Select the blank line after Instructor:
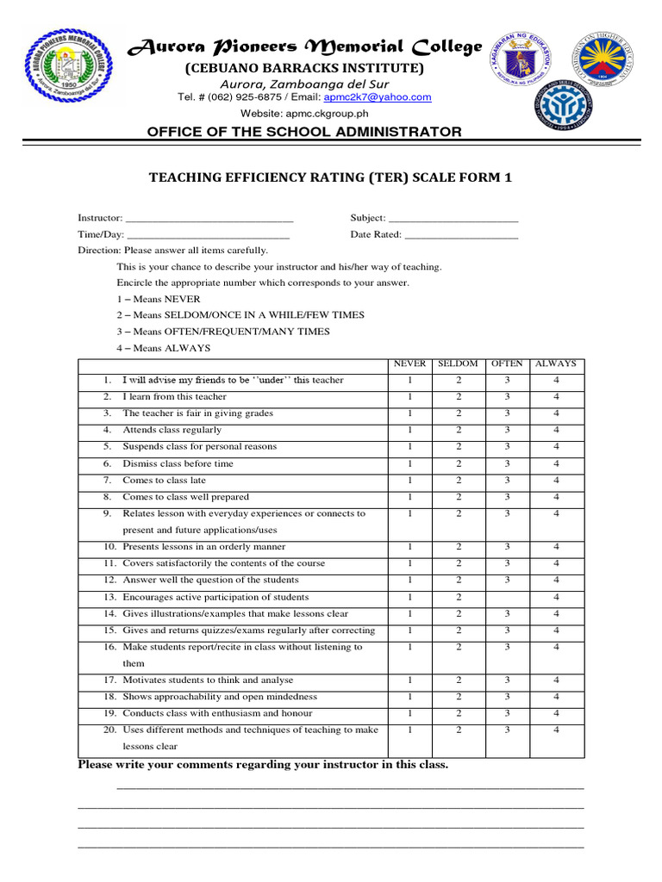point(209,219)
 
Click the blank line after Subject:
point(453,219)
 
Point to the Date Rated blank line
point(461,235)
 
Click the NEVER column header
point(409,364)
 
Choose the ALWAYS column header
point(556,364)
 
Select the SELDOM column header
point(459,364)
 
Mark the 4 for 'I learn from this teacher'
point(556,397)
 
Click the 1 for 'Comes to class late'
point(410,481)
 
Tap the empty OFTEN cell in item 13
point(508,598)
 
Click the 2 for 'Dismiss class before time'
point(459,464)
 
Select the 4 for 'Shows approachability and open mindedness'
point(556,697)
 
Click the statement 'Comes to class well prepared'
point(185,497)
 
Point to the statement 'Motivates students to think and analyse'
point(208,680)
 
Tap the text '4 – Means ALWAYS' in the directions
point(164,348)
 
